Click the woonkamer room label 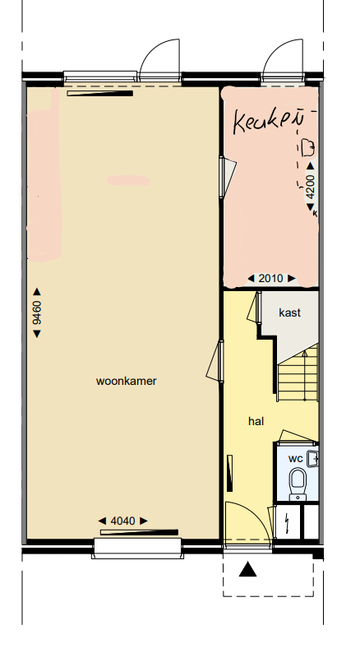click(x=126, y=381)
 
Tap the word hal click(x=256, y=420)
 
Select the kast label click(x=289, y=313)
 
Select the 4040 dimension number click(x=122, y=520)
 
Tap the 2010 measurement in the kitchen click(x=270, y=278)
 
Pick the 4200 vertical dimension click(x=311, y=188)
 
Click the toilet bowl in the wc click(x=298, y=480)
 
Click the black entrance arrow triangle click(x=248, y=569)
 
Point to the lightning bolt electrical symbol click(x=285, y=521)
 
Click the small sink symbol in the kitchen click(x=308, y=147)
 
